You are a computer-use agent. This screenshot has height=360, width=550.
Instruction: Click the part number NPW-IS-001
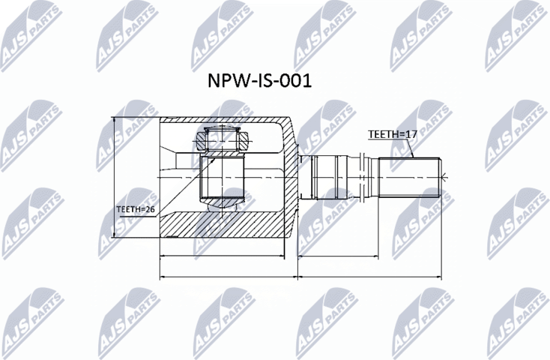(x=258, y=80)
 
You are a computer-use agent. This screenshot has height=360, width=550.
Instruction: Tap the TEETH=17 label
(x=392, y=134)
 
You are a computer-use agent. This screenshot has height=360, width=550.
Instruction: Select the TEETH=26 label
(x=135, y=209)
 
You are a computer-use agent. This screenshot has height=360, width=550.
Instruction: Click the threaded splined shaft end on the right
(x=409, y=177)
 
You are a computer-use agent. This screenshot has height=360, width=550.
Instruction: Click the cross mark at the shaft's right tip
(x=444, y=178)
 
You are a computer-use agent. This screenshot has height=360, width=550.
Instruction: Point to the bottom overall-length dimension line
(x=300, y=277)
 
